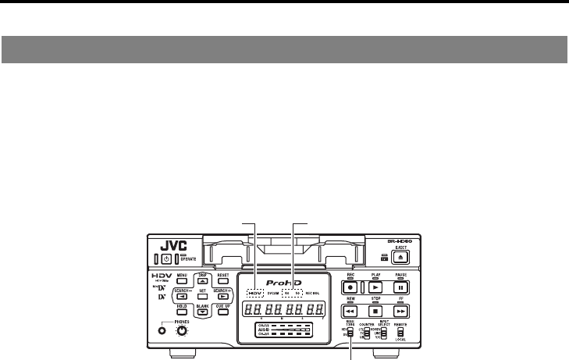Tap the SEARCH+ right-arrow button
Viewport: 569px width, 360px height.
[x=222, y=297]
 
